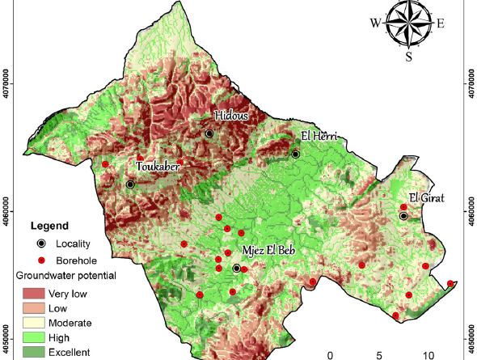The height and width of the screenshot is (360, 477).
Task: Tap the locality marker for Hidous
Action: (209, 133)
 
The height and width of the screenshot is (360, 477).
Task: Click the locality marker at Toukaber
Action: (130, 184)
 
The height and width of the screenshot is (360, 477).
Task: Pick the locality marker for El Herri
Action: (296, 154)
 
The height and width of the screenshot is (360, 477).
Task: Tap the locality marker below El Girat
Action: (403, 216)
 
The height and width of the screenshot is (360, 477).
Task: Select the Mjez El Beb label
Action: (268, 250)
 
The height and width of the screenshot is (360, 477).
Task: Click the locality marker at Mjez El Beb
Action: (236, 268)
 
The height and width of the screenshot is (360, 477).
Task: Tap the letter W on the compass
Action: (376, 23)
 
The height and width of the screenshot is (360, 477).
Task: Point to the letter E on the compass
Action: (441, 23)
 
